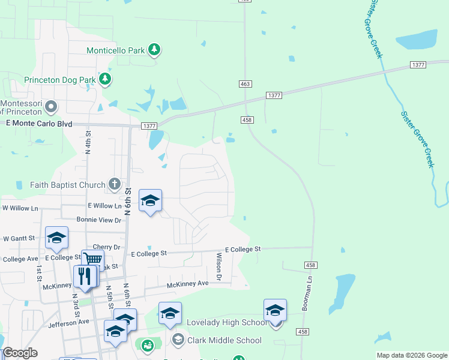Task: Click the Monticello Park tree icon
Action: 154,50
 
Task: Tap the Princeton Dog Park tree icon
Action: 105,79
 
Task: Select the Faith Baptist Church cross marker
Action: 114,185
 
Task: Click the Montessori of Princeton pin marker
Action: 51,107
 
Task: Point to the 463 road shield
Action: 244,85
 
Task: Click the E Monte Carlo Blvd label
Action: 38,123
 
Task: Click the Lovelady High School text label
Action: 227,323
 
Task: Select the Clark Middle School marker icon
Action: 178,340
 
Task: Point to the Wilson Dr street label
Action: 219,266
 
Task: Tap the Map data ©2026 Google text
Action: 411,355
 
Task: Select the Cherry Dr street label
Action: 106,247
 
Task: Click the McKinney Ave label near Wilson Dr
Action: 187,284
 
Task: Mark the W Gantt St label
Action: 20,239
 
